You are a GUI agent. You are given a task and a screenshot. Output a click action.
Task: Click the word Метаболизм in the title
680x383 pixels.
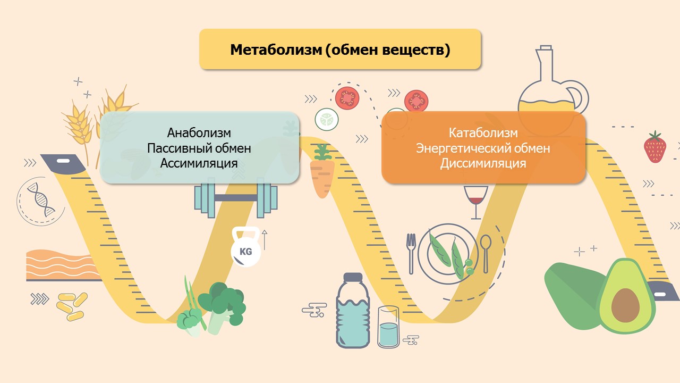click(x=276, y=49)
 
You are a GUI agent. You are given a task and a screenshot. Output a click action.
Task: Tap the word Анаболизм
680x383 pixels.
click(x=199, y=133)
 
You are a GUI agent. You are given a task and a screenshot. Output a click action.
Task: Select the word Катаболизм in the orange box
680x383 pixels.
click(x=483, y=133)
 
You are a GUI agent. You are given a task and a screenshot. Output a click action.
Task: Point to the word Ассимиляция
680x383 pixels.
click(x=199, y=163)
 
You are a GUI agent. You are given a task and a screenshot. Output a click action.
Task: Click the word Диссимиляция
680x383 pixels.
click(x=483, y=163)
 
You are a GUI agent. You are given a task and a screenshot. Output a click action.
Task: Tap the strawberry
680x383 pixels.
click(x=655, y=147)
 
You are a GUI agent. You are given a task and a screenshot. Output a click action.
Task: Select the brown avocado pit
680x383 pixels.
click(x=625, y=305)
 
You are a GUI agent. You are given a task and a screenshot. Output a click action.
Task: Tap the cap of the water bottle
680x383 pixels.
click(x=353, y=277)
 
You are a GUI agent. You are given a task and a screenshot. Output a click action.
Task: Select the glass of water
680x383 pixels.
click(x=388, y=327)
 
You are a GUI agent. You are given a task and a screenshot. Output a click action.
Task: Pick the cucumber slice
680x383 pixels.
click(x=327, y=119)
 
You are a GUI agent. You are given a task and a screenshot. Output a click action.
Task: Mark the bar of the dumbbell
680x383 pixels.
click(x=235, y=198)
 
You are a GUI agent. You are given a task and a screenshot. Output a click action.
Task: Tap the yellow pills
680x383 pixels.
click(x=72, y=306)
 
